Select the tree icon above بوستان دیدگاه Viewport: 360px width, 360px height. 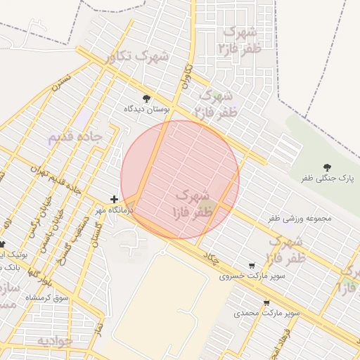(146, 98)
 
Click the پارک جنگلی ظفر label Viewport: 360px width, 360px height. (326, 179)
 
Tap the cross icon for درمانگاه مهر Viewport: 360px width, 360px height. (115, 200)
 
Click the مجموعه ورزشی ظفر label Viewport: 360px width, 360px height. (299, 219)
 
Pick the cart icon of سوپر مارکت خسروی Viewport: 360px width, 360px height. (252, 266)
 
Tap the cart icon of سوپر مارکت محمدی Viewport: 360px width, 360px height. (266, 303)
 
